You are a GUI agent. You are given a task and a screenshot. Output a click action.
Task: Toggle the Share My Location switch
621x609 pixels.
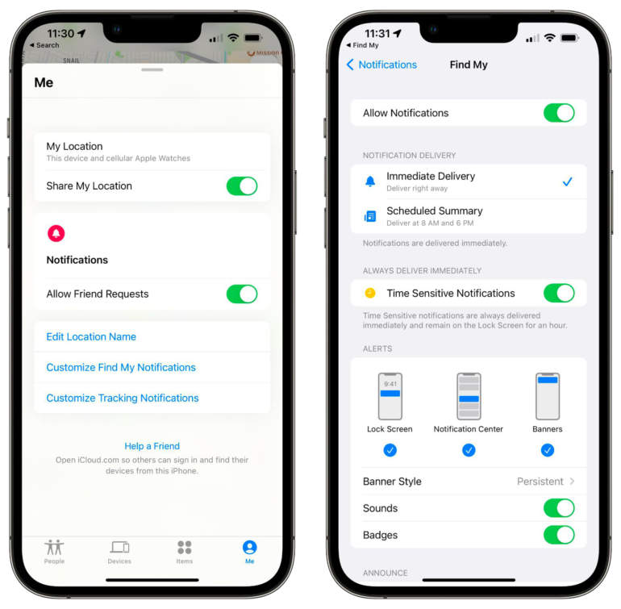pyautogui.click(x=242, y=186)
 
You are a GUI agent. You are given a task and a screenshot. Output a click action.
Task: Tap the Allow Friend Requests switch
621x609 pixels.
pyautogui.click(x=242, y=294)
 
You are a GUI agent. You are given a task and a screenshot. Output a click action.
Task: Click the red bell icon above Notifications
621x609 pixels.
pyautogui.click(x=56, y=233)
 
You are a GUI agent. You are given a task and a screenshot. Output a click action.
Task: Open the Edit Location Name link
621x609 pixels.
pyautogui.click(x=91, y=337)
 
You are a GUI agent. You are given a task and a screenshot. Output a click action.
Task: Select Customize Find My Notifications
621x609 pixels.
pyautogui.click(x=121, y=367)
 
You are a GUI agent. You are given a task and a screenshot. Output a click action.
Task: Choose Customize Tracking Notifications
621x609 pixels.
pyautogui.click(x=123, y=398)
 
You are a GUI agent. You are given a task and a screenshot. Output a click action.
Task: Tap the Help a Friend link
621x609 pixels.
pyautogui.click(x=152, y=446)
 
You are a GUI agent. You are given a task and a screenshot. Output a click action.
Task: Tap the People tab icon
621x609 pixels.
pyautogui.click(x=54, y=547)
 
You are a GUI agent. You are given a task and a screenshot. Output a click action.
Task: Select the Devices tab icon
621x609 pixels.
pyautogui.click(x=119, y=547)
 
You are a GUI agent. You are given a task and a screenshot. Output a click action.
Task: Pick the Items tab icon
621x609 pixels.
pyautogui.click(x=185, y=547)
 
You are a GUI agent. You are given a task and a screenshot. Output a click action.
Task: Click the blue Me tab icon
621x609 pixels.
pyautogui.click(x=249, y=547)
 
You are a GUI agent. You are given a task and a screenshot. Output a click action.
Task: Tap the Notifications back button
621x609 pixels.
pyautogui.click(x=381, y=65)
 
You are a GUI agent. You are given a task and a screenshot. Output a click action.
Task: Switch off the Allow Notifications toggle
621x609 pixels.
pyautogui.click(x=559, y=113)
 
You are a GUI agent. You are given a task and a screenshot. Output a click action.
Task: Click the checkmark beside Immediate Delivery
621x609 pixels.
pyautogui.click(x=568, y=181)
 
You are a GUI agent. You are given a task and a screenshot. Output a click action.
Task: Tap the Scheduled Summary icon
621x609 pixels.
pyautogui.click(x=370, y=216)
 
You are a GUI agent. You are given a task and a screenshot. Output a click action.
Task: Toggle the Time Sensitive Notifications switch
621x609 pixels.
pyautogui.click(x=559, y=294)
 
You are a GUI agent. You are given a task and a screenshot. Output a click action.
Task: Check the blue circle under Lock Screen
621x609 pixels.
pyautogui.click(x=390, y=450)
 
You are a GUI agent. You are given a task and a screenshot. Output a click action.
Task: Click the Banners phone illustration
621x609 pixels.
pyautogui.click(x=548, y=396)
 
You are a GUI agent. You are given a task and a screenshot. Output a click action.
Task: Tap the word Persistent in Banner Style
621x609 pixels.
pyautogui.click(x=540, y=482)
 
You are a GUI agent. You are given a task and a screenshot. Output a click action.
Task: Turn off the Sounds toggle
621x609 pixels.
pyautogui.click(x=559, y=508)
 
